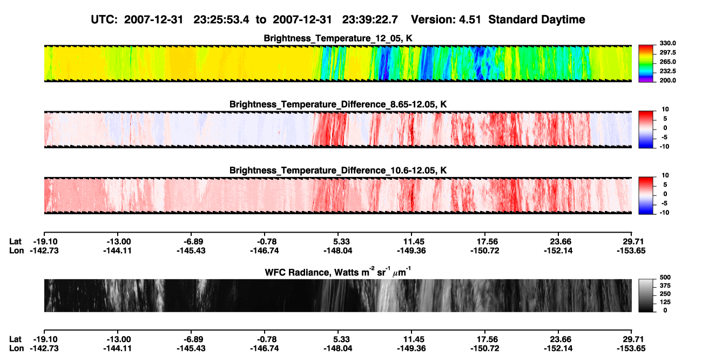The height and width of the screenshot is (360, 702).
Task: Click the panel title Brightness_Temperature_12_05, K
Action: coord(338,38)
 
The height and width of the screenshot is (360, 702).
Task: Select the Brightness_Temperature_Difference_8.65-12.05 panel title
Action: coord(338,104)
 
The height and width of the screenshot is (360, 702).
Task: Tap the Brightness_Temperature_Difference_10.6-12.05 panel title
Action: coord(338,171)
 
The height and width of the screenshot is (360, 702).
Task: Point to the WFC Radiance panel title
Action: coord(338,272)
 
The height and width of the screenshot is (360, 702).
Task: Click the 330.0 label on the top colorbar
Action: coord(667,43)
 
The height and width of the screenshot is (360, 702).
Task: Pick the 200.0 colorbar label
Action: coord(667,80)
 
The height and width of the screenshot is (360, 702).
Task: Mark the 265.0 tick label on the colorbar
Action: coord(667,62)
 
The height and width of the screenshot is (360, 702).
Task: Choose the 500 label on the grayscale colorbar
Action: coord(665,277)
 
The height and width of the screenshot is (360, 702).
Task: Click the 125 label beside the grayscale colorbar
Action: coord(665,302)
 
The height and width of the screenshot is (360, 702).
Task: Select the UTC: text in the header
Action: coord(104,19)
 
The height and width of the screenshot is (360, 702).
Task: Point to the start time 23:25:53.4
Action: coord(221,19)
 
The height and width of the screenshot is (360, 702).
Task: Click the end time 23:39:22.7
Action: coord(370,19)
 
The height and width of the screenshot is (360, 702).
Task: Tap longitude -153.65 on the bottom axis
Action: coord(631,349)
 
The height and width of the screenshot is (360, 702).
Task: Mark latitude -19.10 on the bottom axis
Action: coord(45,339)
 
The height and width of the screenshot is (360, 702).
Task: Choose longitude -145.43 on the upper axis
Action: coord(191,250)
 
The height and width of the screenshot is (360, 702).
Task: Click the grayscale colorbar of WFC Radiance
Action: coord(646,295)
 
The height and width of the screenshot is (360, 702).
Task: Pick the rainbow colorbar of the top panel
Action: coord(646,64)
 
